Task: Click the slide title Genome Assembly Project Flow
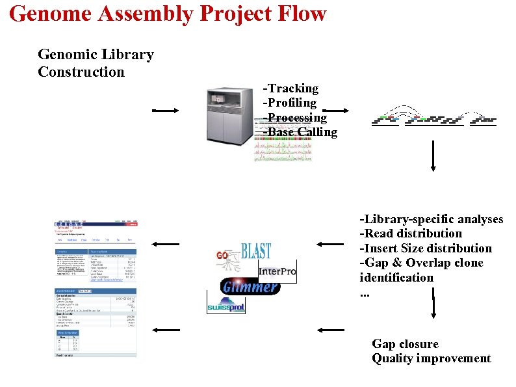coord(168,14)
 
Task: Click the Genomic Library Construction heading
coord(96,63)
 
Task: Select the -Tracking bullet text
coord(290,88)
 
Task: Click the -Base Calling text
coord(300,133)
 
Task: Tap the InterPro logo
coord(277,271)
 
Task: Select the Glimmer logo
coord(250,286)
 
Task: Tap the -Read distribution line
coord(411,234)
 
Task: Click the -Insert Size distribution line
coord(426,248)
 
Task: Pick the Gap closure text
coord(405,344)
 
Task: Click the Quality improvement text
coord(431,359)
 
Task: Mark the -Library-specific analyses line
coord(432,219)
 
